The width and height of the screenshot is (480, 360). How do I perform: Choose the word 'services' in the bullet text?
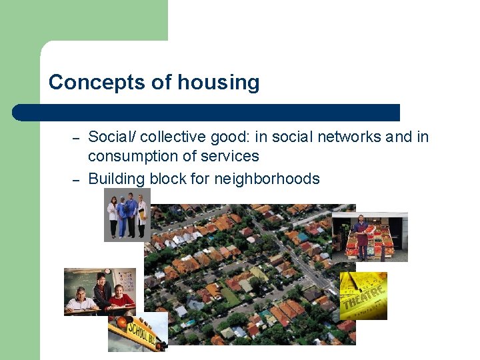click(233, 157)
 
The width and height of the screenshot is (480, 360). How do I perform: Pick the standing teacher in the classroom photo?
click(102, 289)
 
